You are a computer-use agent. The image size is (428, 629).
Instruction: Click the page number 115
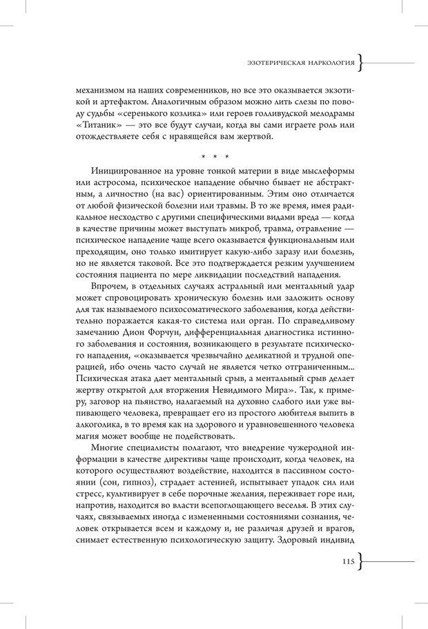(x=347, y=561)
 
